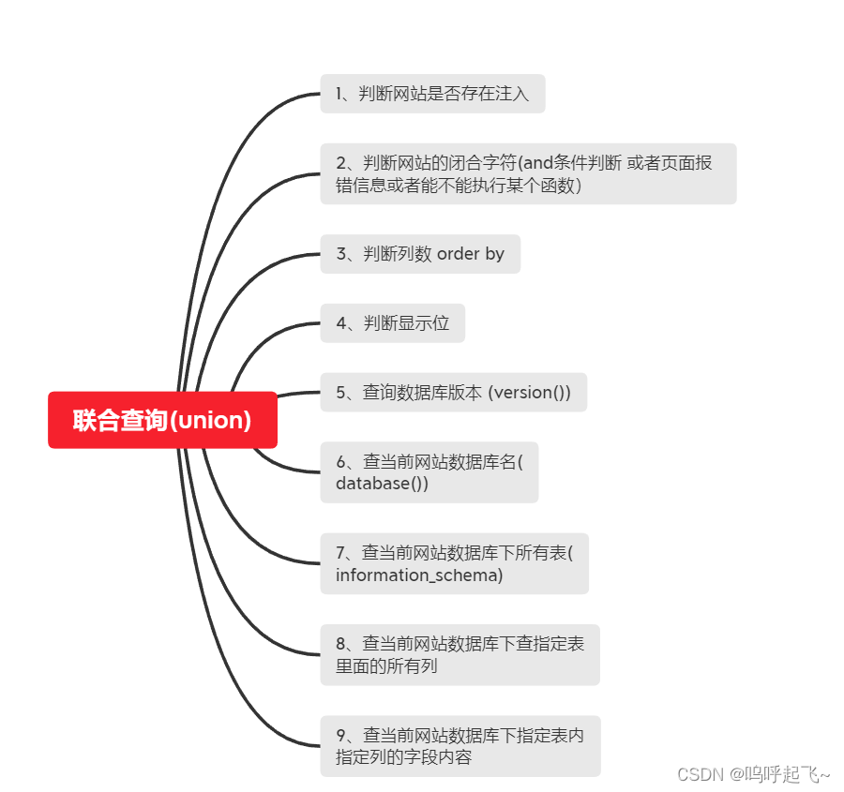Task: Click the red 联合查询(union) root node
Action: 162,420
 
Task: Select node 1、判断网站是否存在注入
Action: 432,94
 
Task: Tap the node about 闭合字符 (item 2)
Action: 528,173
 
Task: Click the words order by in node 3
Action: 471,254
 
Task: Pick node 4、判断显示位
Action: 392,323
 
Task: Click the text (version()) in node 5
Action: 529,392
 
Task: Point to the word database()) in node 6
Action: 382,484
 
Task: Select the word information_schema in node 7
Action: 418,575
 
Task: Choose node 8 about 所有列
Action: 460,654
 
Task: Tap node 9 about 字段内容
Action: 460,746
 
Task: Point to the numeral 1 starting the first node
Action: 339,94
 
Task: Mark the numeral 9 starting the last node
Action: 340,736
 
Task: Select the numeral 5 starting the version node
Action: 340,392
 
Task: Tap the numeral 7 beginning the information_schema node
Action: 340,553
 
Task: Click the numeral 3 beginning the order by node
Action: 340,254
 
